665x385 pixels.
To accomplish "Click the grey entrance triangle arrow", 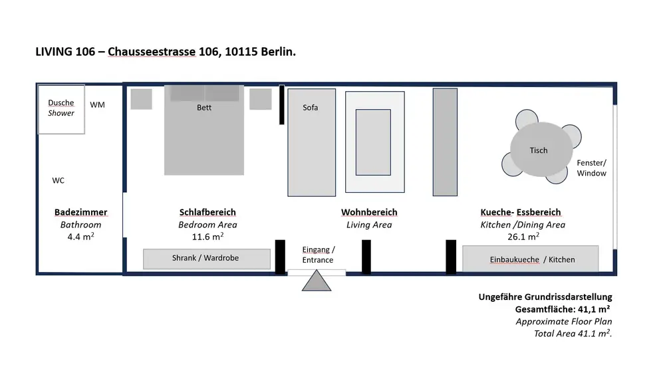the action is pos(317,281).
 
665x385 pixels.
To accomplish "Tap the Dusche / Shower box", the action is pos(61,110).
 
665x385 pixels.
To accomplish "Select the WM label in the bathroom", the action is pos(97,105).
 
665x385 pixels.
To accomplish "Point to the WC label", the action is pos(58,180).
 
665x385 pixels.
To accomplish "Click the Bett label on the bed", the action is pos(204,107).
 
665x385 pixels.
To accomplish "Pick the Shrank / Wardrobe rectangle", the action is pos(207,259).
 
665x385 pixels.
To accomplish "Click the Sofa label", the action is pos(311,107).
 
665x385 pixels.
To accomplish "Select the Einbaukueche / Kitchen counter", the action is pos(531,259).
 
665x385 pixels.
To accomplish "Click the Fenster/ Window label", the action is pos(592,168).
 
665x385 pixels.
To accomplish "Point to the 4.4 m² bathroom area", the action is pos(80,237).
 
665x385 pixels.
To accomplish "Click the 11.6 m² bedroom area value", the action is pos(207,237).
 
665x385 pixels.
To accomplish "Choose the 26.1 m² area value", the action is pos(523,237).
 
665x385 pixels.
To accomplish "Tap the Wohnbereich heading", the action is pos(369,212).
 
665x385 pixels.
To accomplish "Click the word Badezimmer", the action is pos(80,212).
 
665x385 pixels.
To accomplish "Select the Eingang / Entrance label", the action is pos(318,255).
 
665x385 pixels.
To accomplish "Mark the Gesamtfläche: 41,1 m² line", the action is pos(563,309).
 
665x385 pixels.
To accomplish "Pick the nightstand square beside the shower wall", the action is pos(141,99).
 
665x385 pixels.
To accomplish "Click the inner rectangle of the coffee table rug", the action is pos(373,142).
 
